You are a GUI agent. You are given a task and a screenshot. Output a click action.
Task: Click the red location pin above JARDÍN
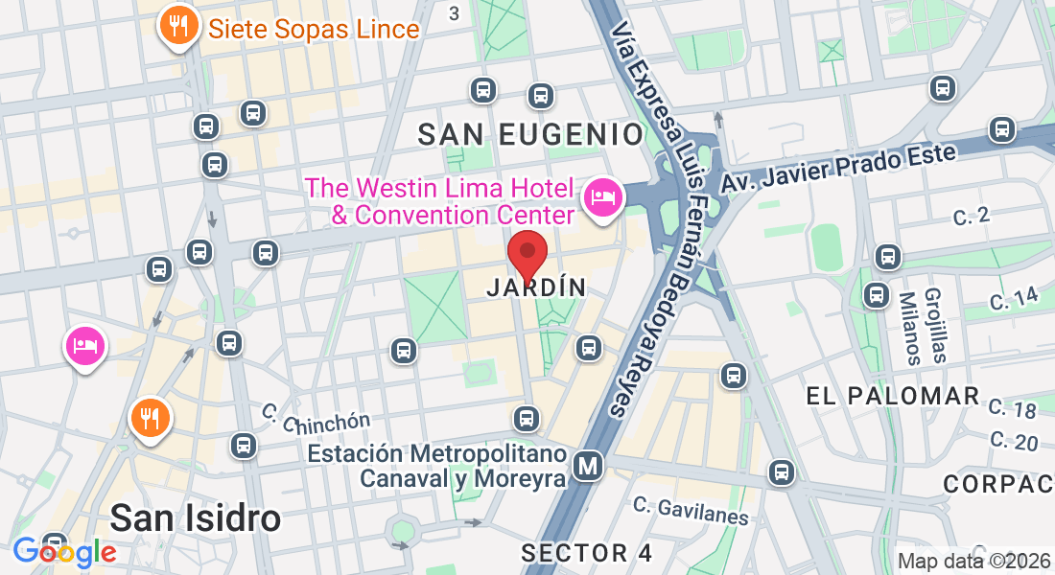pyautogui.click(x=527, y=254)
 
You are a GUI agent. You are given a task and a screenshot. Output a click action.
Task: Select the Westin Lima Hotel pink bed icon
pyautogui.click(x=602, y=197)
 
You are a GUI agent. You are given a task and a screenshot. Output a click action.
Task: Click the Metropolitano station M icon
pyautogui.click(x=587, y=466)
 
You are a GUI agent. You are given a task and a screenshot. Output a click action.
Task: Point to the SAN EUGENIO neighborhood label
pyautogui.click(x=530, y=135)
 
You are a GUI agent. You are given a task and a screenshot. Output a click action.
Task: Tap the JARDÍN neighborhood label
pyautogui.click(x=536, y=287)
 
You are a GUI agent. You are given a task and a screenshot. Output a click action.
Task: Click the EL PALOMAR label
pyautogui.click(x=892, y=396)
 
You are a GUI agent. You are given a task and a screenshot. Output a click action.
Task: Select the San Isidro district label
pyautogui.click(x=196, y=518)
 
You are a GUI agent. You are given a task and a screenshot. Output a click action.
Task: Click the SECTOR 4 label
pyautogui.click(x=587, y=553)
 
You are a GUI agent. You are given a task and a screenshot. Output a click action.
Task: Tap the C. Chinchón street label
pyautogui.click(x=316, y=418)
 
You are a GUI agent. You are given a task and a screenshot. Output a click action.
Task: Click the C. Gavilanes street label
pyautogui.click(x=691, y=510)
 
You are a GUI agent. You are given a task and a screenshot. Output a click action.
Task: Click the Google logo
pyautogui.click(x=64, y=551)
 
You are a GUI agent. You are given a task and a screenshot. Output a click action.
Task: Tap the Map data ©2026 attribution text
pyautogui.click(x=974, y=562)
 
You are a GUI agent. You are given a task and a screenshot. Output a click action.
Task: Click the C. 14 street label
pyautogui.click(x=1014, y=299)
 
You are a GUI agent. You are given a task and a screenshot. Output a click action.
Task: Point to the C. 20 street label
pyautogui.click(x=1014, y=442)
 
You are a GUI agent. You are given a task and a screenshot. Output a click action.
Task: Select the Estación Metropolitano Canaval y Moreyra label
pyautogui.click(x=437, y=465)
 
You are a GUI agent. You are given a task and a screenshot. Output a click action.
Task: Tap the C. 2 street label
pyautogui.click(x=971, y=218)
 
